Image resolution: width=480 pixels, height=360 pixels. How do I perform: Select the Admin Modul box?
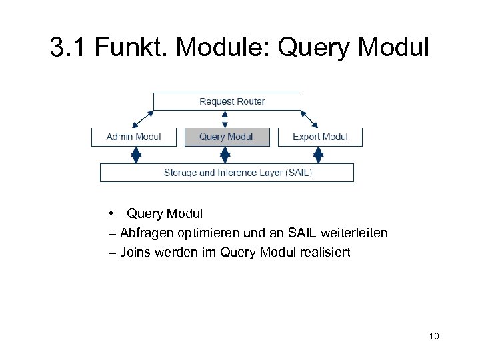point(134,137)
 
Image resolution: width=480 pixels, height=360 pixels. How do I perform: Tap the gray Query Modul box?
point(227,137)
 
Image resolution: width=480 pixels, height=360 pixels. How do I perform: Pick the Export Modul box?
point(320,137)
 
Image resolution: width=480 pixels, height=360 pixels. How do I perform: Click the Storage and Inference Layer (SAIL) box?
point(227,173)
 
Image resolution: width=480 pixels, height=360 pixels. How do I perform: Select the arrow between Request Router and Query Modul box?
point(225,119)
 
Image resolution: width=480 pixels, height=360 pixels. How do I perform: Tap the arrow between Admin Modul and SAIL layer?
point(136,155)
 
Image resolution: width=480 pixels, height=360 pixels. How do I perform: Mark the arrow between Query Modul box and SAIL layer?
point(225,155)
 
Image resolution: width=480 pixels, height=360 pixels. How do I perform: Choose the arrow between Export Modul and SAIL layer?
point(318,155)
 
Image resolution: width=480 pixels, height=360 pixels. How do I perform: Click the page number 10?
point(434,336)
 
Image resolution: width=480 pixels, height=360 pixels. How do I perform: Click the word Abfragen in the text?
point(147,233)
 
